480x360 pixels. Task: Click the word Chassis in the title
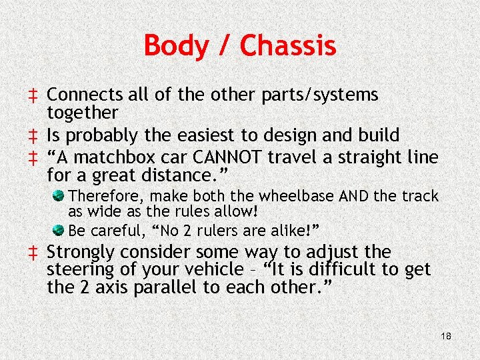(x=288, y=46)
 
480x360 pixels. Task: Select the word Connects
(x=85, y=95)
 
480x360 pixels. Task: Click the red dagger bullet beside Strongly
(x=32, y=253)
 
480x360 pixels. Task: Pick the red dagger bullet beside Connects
(x=32, y=95)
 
